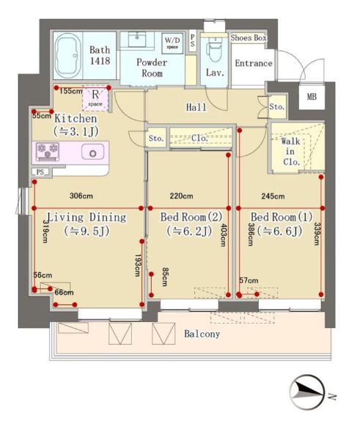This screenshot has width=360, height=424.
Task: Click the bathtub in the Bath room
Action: click(67, 55)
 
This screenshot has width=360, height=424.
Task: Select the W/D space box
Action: click(172, 43)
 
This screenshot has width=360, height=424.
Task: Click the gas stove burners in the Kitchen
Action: click(48, 151)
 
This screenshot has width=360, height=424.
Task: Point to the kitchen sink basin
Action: click(92, 153)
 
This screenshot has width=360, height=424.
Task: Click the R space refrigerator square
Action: click(95, 98)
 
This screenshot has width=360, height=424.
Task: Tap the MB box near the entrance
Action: click(312, 97)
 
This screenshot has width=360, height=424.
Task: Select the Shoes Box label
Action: click(249, 38)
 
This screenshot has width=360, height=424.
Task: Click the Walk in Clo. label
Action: click(291, 151)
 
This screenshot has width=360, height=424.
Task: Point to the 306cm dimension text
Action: click(81, 196)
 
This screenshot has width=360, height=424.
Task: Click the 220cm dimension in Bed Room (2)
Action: click(181, 196)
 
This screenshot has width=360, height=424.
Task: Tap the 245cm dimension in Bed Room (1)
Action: click(273, 196)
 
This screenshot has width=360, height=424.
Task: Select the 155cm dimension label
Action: click(71, 91)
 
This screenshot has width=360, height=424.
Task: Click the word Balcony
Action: click(202, 334)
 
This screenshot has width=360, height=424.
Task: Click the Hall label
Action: click(196, 107)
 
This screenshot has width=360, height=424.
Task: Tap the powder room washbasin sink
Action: click(137, 40)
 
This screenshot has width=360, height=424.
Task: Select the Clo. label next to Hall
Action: click(199, 138)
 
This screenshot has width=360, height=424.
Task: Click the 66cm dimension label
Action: click(64, 292)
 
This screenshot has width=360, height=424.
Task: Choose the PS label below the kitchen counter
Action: click(40, 172)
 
